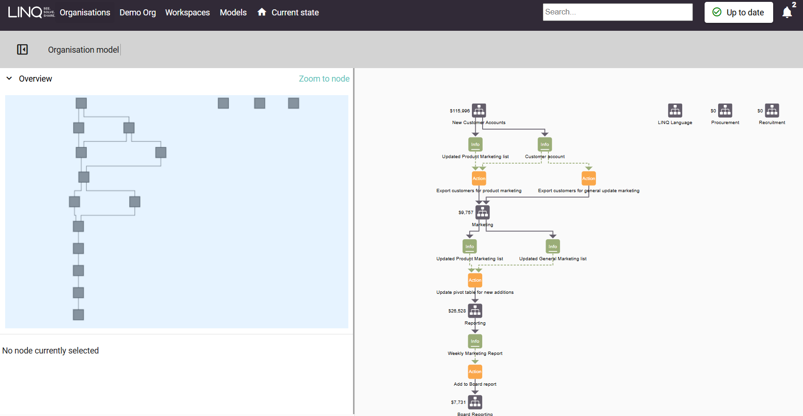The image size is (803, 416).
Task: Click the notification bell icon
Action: point(787,13)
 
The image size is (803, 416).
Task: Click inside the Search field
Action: point(617,12)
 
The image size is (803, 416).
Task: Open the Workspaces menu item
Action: point(187,13)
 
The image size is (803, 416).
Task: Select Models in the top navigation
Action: point(233,13)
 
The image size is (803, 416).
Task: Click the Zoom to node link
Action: point(324,79)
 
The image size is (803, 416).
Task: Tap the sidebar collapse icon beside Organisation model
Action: point(22,49)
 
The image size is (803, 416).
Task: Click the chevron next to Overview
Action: point(9,78)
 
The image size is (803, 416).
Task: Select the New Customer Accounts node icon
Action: point(479,111)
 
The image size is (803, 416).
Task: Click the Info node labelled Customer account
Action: point(545,144)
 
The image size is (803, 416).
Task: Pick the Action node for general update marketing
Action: point(588,178)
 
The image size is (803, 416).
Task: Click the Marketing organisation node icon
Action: point(483,212)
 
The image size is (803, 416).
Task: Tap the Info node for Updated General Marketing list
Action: point(553,246)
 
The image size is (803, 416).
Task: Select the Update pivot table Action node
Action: point(475,280)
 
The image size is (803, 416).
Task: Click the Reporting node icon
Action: point(475,311)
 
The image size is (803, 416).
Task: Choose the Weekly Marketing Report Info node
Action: point(475,341)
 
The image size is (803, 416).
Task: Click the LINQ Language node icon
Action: point(675,111)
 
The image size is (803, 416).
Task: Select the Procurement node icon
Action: point(725,111)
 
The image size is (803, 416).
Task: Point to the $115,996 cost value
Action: point(459,111)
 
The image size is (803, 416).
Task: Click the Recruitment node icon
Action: point(772,111)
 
